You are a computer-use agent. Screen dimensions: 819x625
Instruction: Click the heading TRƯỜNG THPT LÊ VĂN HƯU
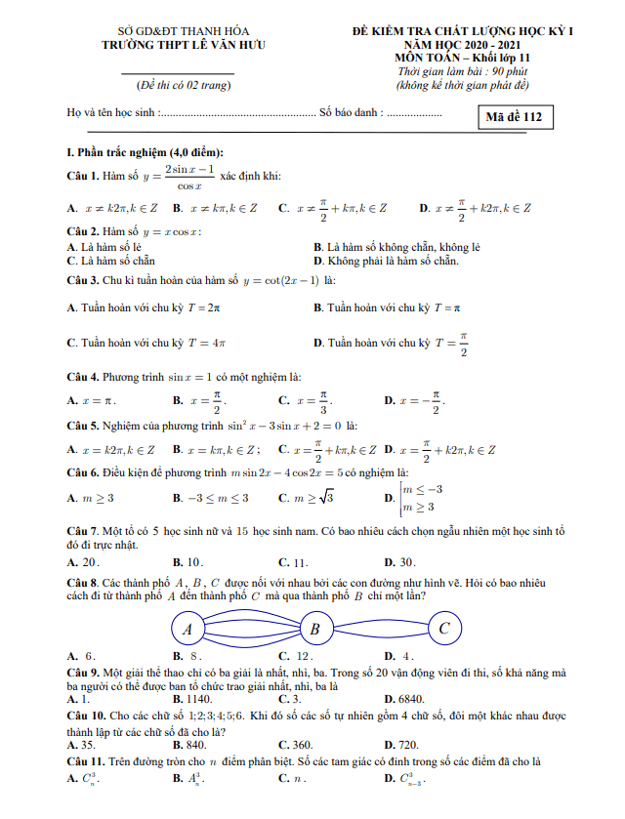click(x=183, y=45)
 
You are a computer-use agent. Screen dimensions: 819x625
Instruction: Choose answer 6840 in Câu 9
click(x=403, y=699)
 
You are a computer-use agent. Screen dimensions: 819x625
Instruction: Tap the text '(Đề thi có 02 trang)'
click(x=183, y=86)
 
